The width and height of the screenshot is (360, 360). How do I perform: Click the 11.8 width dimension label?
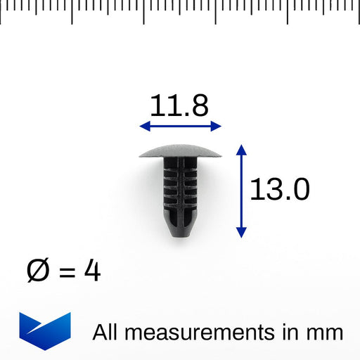[x=179, y=105]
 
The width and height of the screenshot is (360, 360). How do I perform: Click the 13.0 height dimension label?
[x=280, y=189]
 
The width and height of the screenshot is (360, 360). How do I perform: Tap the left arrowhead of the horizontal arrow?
[x=145, y=126]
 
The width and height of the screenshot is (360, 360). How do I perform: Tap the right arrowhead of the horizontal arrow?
[x=216, y=126]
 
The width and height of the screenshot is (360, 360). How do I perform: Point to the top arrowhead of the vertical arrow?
[x=241, y=150]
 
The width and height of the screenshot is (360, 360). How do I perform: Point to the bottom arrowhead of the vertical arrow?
[x=241, y=233]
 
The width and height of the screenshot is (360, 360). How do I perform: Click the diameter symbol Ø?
[x=38, y=270]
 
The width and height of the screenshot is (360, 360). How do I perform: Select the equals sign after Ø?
[x=67, y=273]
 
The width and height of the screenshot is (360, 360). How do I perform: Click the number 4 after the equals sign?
[x=92, y=270]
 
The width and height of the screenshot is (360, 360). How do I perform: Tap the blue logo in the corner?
[x=45, y=331]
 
